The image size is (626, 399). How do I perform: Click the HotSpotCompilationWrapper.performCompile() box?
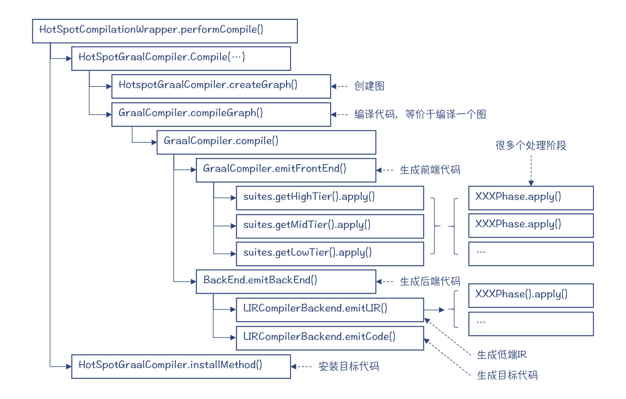coord(165,31)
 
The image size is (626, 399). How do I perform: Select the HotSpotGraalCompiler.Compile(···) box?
coord(181,58)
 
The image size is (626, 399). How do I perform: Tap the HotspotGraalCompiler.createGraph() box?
coord(221,86)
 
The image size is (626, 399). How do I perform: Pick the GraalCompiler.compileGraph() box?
coord(221,114)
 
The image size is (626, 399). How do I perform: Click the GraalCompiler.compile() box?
coord(266,142)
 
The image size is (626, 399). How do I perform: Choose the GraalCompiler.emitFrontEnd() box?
coord(286,170)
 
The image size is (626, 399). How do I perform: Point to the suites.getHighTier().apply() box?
coord(330,198)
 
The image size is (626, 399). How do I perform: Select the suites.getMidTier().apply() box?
coord(330,226)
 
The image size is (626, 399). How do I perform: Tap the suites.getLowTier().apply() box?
coord(330,254)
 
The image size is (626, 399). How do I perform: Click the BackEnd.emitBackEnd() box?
coord(286,281)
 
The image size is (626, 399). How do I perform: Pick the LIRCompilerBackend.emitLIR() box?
coord(330,310)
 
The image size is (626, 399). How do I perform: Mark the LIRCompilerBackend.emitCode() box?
coord(330,338)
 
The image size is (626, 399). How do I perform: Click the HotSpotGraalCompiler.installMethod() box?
coord(181,366)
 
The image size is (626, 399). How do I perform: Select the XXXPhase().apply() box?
coord(531,295)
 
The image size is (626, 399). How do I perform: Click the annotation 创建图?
coord(369,86)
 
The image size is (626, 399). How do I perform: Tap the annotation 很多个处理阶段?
coord(531,146)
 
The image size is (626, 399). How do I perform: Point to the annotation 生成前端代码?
coord(430,170)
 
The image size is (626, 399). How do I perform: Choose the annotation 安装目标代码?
coord(349,366)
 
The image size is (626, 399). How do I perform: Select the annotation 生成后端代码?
coord(430,281)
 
